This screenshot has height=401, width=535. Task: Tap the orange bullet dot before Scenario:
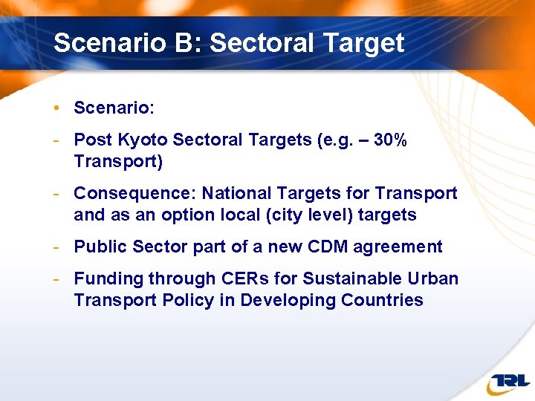56,108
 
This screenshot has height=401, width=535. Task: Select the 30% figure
390,140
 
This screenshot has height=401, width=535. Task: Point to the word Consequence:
135,194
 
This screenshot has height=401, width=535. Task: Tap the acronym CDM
322,247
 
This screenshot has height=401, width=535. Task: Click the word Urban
434,279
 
